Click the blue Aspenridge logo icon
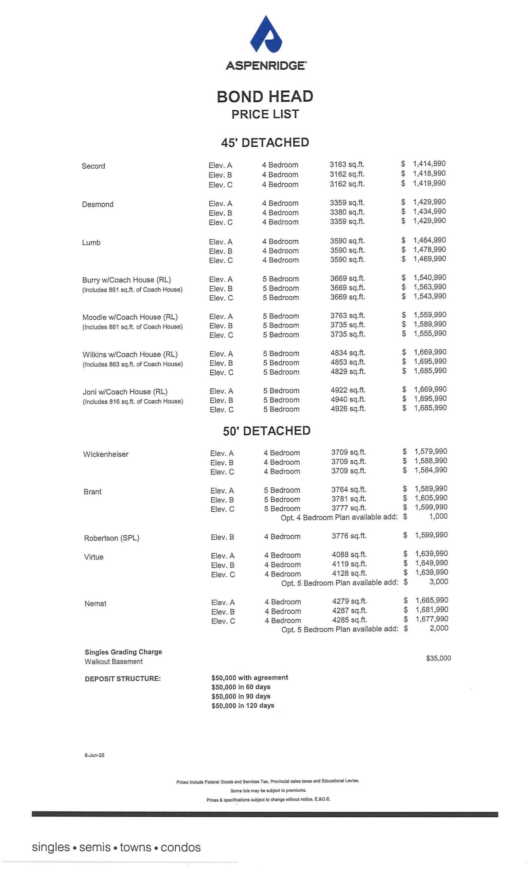point(265,34)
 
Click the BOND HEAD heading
point(265,96)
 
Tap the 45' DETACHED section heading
point(265,143)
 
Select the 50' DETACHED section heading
point(266,431)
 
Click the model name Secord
point(93,166)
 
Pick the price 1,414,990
point(429,164)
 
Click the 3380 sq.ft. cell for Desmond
point(347,212)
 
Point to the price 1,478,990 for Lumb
point(429,249)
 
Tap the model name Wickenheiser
point(106,454)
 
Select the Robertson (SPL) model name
point(111,538)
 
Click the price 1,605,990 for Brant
point(430,498)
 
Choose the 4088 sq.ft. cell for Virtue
point(349,554)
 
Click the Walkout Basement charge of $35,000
point(438,658)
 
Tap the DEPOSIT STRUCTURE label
point(122,679)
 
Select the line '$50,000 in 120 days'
point(243,705)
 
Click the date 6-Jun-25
point(94,755)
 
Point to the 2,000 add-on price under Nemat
point(438,628)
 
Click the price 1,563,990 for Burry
point(429,287)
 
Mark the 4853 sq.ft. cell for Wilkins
point(347,362)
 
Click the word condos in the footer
point(180,848)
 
